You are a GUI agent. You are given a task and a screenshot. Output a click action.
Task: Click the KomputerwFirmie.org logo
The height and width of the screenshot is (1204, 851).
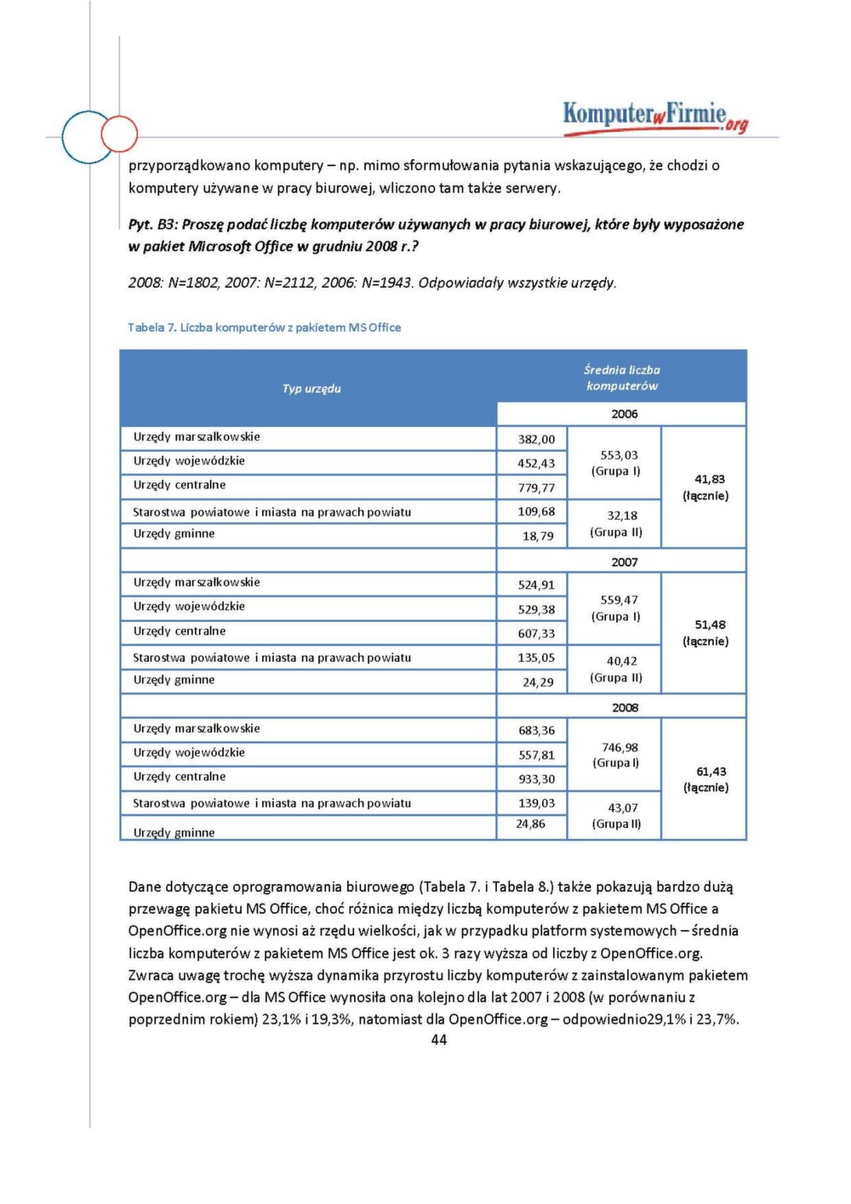(655, 116)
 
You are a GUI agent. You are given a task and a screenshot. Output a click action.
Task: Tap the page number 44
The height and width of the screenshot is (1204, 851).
(439, 1040)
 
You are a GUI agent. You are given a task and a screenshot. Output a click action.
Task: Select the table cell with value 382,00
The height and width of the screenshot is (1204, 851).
(536, 439)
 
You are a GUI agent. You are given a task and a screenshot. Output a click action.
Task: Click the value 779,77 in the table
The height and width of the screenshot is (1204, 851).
(536, 488)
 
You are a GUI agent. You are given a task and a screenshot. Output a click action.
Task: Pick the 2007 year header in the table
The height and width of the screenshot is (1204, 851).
(624, 562)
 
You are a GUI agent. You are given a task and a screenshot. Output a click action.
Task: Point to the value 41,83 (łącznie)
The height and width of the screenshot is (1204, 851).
(705, 488)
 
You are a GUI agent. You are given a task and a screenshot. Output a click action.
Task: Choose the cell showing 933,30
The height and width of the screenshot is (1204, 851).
(536, 779)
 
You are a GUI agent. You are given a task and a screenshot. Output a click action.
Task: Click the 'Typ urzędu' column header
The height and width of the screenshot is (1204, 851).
(311, 389)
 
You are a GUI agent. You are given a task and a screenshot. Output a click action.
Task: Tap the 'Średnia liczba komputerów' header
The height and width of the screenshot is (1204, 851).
(622, 378)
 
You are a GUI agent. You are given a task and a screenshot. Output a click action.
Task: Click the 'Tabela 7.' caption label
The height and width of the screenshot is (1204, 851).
(151, 328)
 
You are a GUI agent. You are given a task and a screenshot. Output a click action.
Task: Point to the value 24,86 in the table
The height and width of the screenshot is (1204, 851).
(530, 824)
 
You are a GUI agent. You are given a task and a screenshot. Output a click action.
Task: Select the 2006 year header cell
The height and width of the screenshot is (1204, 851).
(624, 414)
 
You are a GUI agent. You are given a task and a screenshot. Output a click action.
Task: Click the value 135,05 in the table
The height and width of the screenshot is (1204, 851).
(536, 657)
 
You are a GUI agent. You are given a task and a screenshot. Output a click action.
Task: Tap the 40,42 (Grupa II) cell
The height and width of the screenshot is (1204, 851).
(617, 669)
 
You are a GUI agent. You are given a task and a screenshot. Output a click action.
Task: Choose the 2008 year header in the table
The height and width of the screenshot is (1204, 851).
(624, 708)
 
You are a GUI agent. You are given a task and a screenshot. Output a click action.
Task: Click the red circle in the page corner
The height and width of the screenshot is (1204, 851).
(119, 134)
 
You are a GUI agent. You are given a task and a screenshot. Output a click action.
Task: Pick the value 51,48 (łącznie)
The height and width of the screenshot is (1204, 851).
(706, 633)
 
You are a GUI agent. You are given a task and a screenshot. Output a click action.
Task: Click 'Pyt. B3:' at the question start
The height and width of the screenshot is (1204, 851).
(153, 225)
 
